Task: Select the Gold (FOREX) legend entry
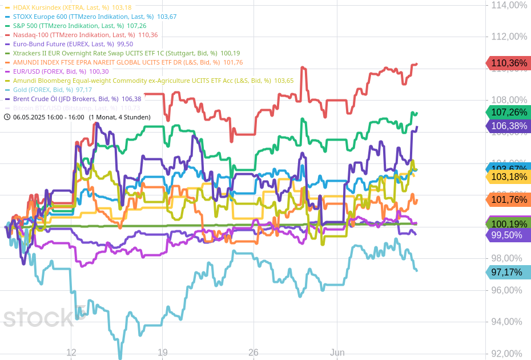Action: click(x=48, y=90)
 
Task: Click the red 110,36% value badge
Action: click(x=508, y=63)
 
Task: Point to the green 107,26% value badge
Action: click(x=508, y=113)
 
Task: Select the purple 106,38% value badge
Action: click(x=508, y=126)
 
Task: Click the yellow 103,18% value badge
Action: click(x=508, y=177)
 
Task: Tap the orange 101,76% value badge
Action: click(x=508, y=199)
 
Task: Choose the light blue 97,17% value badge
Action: click(x=507, y=273)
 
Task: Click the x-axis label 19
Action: click(x=162, y=353)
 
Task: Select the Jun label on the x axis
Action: click(x=337, y=353)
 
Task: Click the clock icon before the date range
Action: click(x=7, y=117)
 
